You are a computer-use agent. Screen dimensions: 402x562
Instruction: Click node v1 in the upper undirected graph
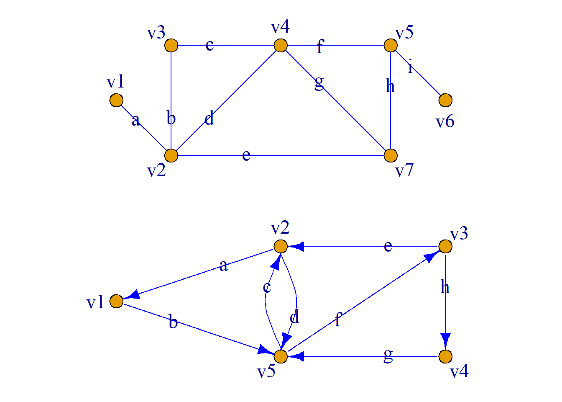coord(116,100)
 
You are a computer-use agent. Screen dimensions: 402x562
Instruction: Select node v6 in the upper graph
coord(445,100)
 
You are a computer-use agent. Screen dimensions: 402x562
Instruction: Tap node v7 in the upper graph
coord(391,155)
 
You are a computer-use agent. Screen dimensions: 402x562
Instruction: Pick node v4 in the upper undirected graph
coord(281,45)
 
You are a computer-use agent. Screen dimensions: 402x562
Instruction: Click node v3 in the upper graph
coord(171,45)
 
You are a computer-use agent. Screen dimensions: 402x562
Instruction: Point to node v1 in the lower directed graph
coord(116,301)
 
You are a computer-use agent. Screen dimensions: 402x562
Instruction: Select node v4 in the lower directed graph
coord(445,356)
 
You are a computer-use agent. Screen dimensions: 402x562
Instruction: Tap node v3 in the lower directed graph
coord(445,246)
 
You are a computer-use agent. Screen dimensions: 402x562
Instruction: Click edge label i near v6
coord(411,67)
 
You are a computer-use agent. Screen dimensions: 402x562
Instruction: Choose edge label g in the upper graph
coord(319,82)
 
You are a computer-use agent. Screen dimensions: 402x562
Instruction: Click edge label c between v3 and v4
coord(209,45)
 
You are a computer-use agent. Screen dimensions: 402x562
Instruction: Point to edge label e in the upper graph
coord(246,155)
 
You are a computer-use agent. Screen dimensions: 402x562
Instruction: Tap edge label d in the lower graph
coord(294,317)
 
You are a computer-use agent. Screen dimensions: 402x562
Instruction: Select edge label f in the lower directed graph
coord(338,320)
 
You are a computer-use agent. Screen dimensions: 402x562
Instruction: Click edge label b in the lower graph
coord(173,322)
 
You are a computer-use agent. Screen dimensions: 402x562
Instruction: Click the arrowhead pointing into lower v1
coord(132,296)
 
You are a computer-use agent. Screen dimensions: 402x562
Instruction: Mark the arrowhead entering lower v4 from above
coord(445,339)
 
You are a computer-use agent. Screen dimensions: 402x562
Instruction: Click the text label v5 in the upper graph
coord(404,33)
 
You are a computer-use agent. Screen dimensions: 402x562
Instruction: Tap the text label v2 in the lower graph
coord(280,228)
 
